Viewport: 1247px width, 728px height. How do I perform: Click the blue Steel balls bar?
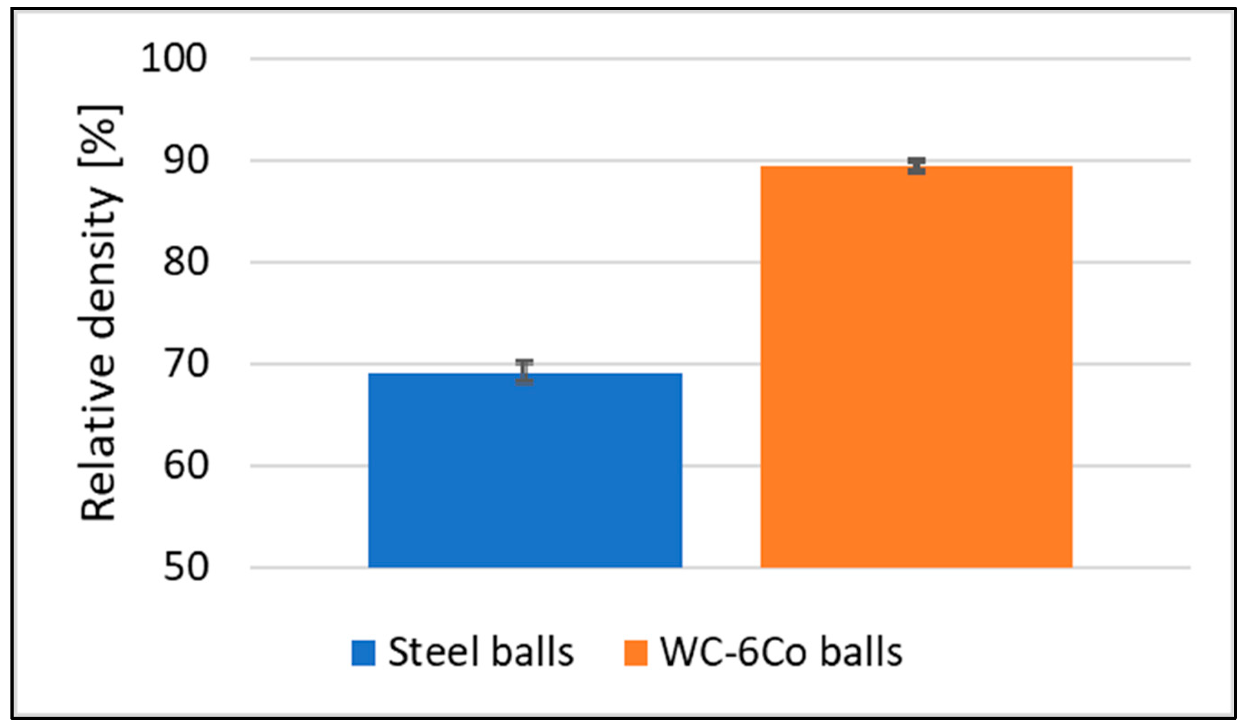(x=525, y=470)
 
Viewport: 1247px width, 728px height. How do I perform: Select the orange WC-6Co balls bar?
(x=917, y=366)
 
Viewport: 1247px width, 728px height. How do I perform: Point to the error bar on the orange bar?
(x=917, y=166)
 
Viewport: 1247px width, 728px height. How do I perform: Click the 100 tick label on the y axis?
(x=174, y=59)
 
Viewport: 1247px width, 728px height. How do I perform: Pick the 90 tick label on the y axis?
(x=186, y=160)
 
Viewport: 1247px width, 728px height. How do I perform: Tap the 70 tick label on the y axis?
(x=186, y=364)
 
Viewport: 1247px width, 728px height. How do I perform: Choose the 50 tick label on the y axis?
(x=186, y=567)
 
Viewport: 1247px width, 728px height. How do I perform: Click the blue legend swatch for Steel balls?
(x=363, y=653)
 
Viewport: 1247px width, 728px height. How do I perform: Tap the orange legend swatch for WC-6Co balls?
(x=636, y=653)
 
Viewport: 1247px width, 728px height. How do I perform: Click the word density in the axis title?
(x=98, y=262)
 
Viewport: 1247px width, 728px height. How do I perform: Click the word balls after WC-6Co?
(x=862, y=652)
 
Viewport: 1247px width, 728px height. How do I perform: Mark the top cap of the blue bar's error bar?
(x=524, y=362)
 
